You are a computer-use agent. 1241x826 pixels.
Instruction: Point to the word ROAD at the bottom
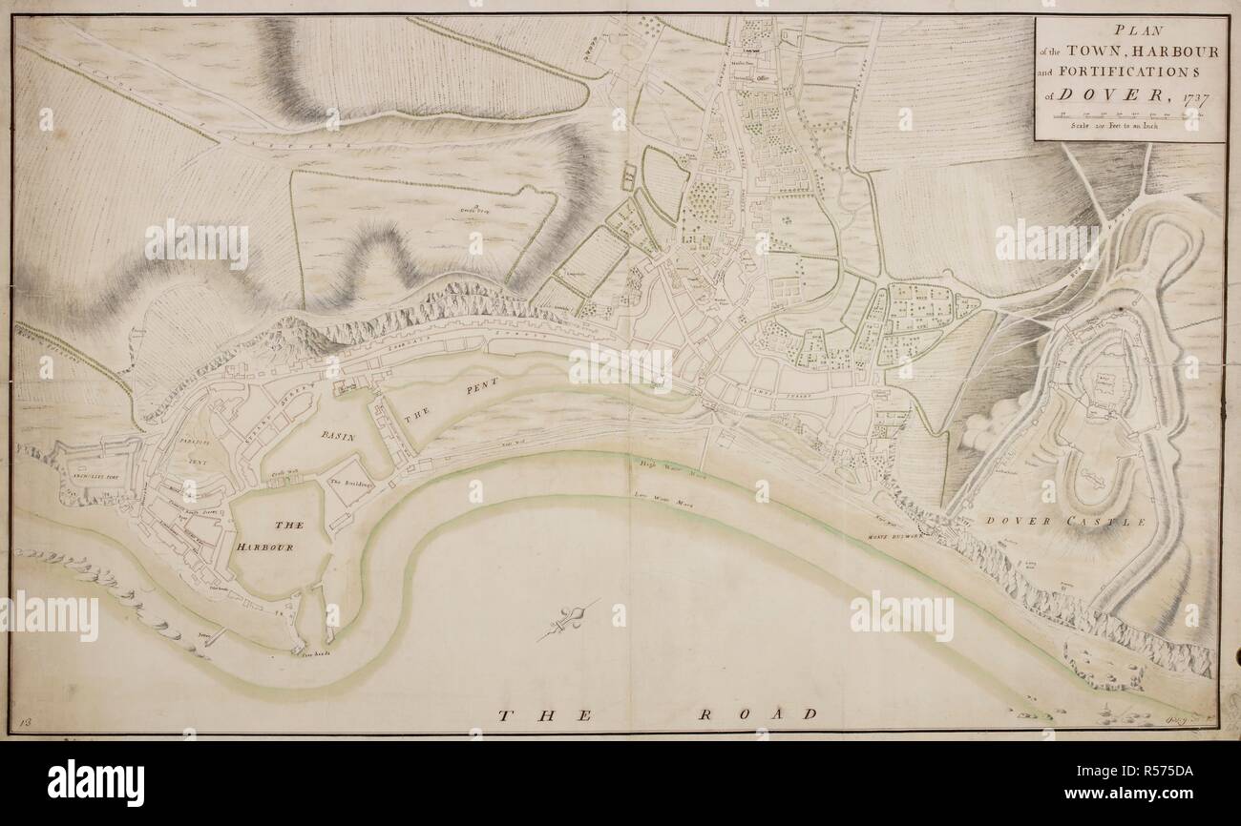756,713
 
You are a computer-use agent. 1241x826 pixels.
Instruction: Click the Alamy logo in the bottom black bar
95,783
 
